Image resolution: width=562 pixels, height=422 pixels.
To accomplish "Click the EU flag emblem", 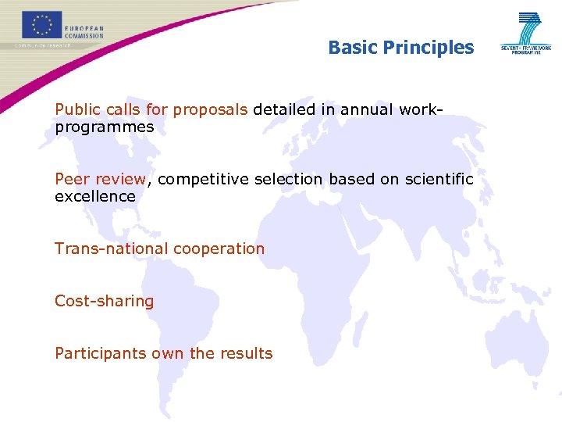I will [41, 24].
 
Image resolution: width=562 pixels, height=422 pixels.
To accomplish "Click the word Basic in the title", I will [352, 48].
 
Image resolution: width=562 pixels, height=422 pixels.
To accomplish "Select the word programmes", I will [104, 127].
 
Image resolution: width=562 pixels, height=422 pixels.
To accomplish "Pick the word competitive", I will [201, 179].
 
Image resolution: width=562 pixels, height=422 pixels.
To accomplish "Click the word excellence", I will [94, 196].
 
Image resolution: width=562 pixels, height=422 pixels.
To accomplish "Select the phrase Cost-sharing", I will [104, 301].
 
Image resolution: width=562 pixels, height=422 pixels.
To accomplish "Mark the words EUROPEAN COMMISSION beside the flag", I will [84, 31].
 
